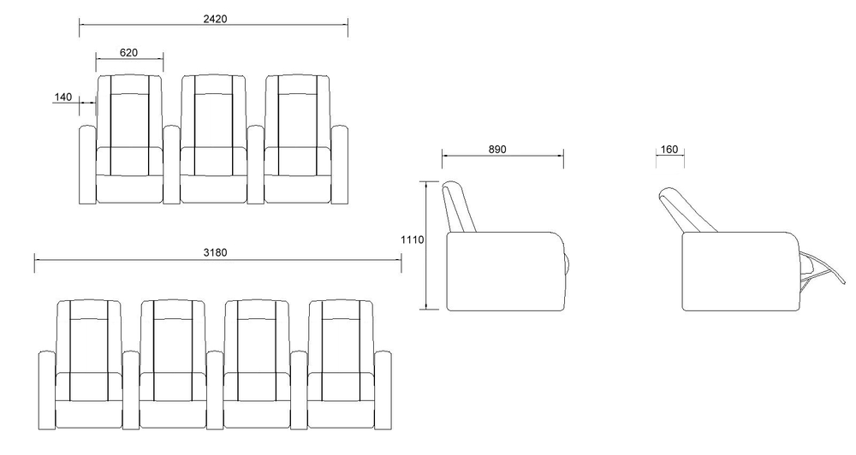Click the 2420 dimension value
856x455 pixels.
coord(214,18)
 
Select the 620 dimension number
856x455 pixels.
coord(128,52)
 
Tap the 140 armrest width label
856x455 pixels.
coord(63,97)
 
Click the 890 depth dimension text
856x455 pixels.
coord(497,149)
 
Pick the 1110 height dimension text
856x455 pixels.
coord(413,240)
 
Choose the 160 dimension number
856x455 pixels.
coord(669,150)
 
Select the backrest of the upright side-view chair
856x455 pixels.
coord(460,206)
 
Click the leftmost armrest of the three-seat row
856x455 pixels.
coord(86,165)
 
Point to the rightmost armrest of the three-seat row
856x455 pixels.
coord(340,165)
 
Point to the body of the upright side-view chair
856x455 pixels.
coord(505,270)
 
